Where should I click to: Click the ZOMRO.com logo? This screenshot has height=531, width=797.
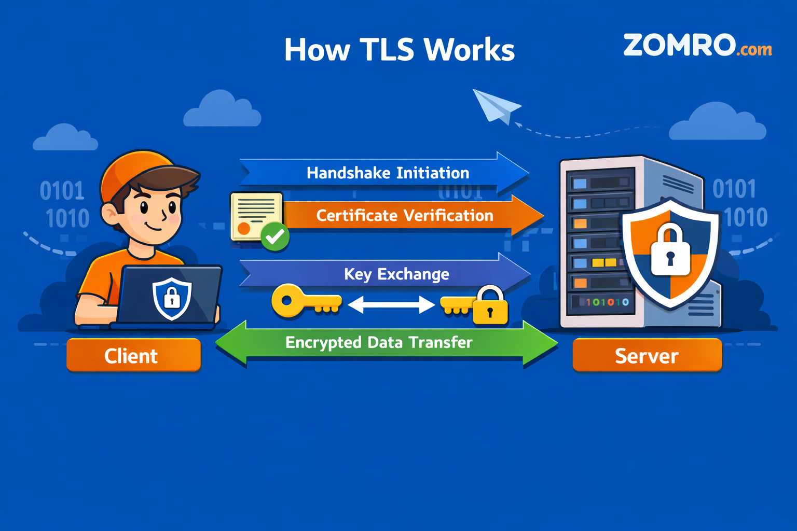pos(697,46)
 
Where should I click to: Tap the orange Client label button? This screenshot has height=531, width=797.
pos(133,355)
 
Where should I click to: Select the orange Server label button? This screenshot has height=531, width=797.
pos(647,355)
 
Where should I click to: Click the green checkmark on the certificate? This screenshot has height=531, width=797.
pos(274,237)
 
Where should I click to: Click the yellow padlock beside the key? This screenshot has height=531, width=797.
pos(490,307)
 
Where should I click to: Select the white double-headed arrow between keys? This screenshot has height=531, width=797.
pos(391,304)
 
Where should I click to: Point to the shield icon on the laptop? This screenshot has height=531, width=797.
pos(172,298)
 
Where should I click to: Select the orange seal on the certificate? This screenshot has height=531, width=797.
pos(243,228)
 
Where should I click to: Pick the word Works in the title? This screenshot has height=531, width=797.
pos(469,50)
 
